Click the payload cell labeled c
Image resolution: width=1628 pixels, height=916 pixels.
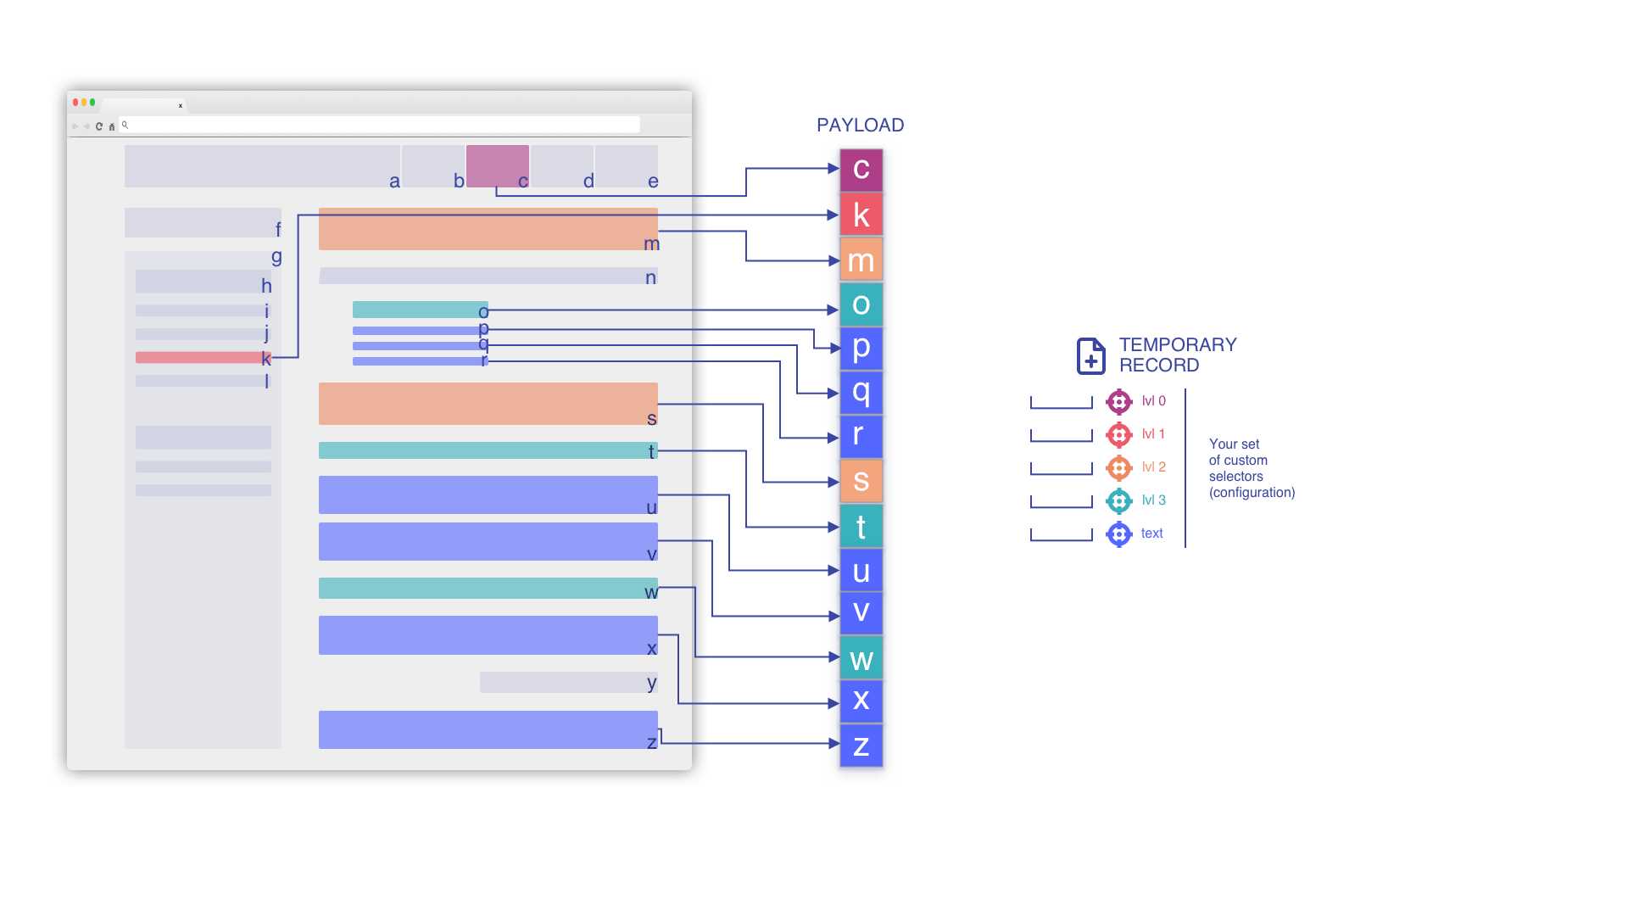point(861,169)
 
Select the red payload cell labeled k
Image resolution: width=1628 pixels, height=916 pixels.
point(861,215)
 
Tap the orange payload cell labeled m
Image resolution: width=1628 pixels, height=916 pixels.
point(861,260)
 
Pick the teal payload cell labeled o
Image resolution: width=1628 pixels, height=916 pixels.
point(861,304)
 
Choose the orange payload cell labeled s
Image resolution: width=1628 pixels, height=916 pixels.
point(861,481)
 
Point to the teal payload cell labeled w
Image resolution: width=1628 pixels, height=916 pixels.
point(861,658)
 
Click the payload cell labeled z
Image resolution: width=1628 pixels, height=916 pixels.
point(861,746)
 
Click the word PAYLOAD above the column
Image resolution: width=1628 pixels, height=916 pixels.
point(860,126)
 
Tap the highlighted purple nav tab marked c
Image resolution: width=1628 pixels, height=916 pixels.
point(497,165)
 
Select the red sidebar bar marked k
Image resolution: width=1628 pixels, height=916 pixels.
point(200,358)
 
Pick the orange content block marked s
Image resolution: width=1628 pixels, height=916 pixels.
point(488,404)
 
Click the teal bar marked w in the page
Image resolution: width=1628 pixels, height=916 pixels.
point(488,588)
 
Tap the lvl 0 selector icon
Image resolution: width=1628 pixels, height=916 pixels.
point(1118,401)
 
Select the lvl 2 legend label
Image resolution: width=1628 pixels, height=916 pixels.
point(1153,467)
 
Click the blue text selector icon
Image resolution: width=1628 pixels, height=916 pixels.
point(1118,534)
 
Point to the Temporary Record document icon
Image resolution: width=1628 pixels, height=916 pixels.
point(1090,356)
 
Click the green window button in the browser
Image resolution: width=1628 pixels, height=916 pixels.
point(92,103)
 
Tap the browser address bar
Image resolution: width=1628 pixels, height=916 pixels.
point(382,126)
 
